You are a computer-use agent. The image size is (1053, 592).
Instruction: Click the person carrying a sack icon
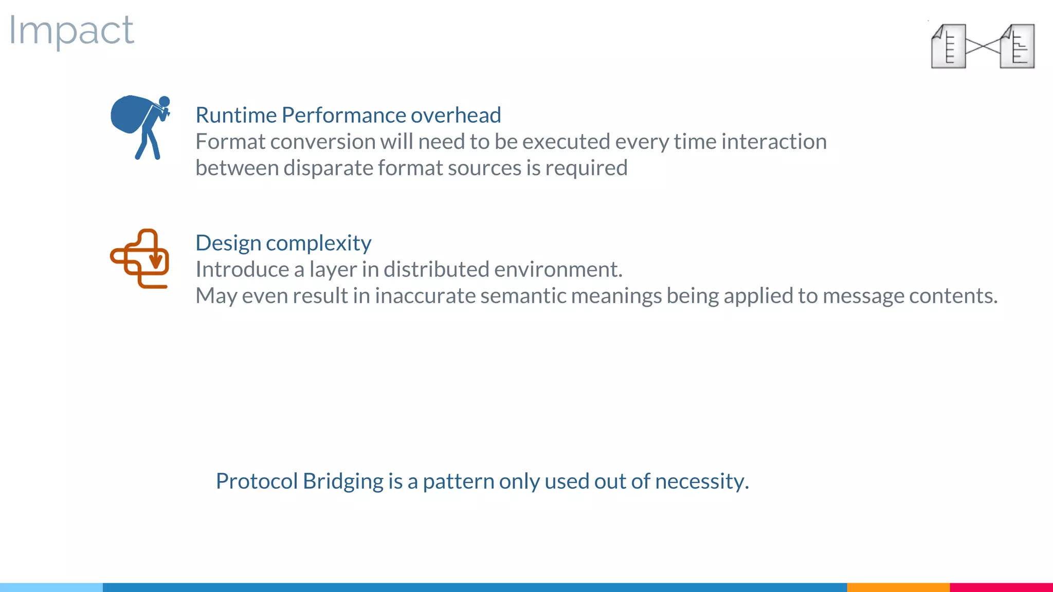pos(139,126)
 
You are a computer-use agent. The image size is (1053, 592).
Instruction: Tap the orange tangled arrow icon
pos(140,258)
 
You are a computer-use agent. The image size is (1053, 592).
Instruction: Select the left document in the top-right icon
pos(949,46)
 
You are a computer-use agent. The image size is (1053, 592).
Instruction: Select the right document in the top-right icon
pos(1018,46)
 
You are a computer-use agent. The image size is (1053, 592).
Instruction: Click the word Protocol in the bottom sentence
pos(257,482)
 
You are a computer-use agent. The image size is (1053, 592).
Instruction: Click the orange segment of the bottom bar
pos(898,587)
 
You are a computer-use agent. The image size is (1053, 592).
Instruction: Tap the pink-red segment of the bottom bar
pos(1001,587)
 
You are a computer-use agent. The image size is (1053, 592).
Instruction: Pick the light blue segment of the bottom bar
pos(51,587)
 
